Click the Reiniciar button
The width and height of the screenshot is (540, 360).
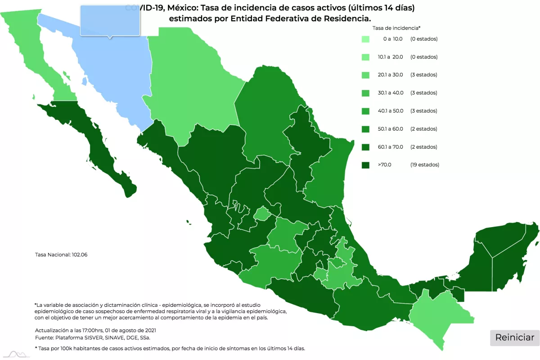tap(515, 337)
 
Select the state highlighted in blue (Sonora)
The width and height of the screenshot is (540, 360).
tap(112, 77)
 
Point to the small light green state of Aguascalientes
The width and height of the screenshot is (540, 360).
tap(261, 214)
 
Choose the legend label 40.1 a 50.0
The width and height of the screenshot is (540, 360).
tap(390, 111)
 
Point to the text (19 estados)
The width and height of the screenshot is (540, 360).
tap(424, 165)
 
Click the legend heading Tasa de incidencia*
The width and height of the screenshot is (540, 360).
tap(396, 28)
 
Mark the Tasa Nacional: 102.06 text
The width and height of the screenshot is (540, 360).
tap(61, 255)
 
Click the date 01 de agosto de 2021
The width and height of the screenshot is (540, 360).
tap(131, 330)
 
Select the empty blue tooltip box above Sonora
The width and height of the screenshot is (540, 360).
tap(110, 20)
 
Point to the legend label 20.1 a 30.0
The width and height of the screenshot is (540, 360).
tap(390, 75)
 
